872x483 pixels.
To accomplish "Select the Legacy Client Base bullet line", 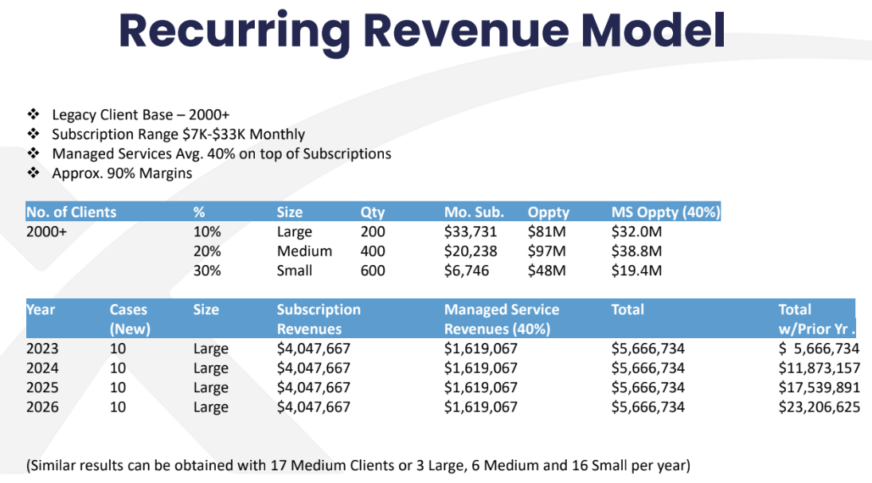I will click(x=141, y=115).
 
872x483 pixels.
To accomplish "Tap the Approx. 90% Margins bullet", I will click(x=122, y=173).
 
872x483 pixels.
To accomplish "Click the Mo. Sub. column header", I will click(x=473, y=212).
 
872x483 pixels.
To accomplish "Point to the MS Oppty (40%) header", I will click(x=666, y=212).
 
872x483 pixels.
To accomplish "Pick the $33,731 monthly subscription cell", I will click(x=471, y=232).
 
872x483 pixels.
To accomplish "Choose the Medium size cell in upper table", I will click(x=304, y=251).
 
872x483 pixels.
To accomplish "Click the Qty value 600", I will click(x=373, y=271).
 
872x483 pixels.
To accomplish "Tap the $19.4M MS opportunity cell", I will click(x=637, y=271).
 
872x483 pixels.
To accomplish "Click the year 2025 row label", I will click(x=43, y=388).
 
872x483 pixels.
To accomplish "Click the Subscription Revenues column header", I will click(x=319, y=319).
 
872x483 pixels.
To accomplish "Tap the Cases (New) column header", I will click(x=130, y=319).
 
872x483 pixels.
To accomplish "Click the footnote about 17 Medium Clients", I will click(x=358, y=465).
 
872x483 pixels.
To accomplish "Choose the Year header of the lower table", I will click(x=41, y=310).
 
